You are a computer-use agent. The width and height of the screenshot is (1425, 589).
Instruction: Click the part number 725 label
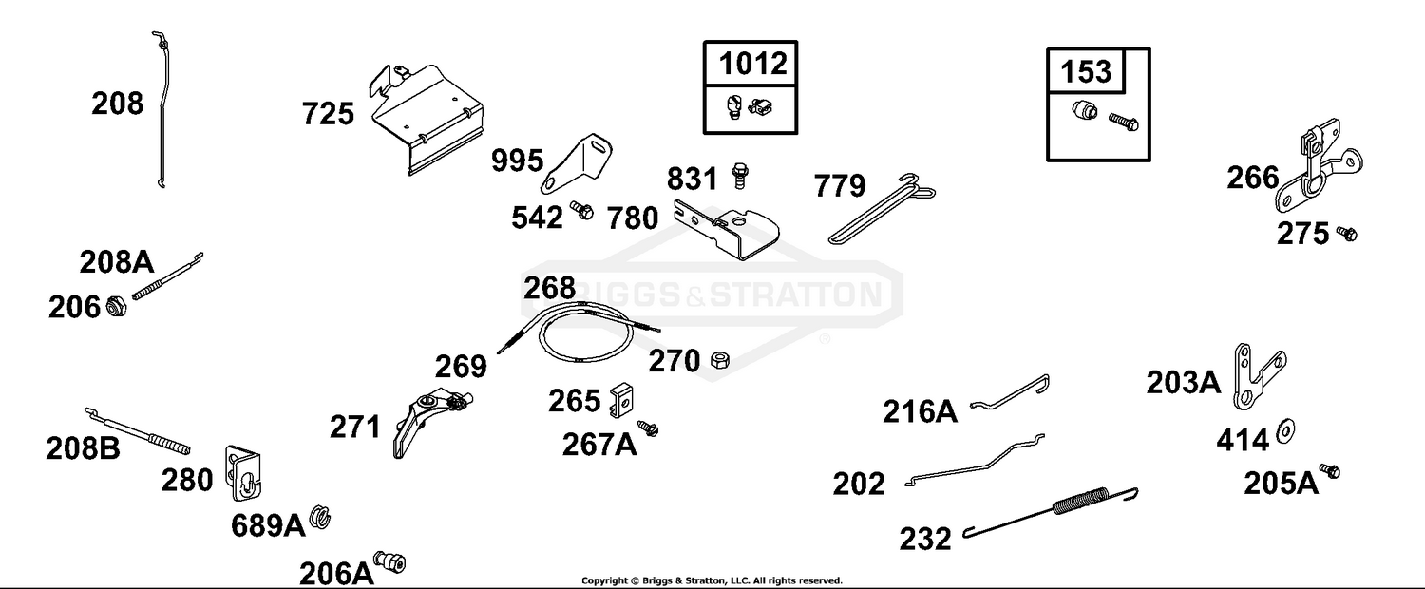pos(328,115)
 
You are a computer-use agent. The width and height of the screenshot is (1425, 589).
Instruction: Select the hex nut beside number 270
pos(719,361)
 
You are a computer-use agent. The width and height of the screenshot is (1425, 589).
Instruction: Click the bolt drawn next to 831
pos(739,175)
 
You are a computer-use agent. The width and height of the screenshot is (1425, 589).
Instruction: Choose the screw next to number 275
pos(1347,234)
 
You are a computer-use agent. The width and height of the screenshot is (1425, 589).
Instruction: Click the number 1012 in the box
pos(753,64)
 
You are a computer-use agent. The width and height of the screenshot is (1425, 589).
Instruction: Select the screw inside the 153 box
pos(1124,122)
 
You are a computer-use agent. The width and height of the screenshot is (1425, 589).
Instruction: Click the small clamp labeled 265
pos(621,400)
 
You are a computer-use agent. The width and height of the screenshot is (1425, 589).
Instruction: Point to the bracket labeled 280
pos(242,472)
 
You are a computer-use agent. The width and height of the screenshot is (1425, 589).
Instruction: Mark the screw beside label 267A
pos(648,428)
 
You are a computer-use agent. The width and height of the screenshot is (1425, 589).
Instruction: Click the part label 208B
pos(83,448)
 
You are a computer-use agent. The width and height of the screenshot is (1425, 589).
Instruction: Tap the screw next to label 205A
pos(1329,471)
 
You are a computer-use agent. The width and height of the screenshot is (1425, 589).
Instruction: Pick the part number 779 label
pos(840,186)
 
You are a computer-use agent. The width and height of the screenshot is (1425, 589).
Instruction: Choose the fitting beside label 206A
pos(389,562)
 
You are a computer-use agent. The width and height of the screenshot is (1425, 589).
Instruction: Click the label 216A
pos(920,411)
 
